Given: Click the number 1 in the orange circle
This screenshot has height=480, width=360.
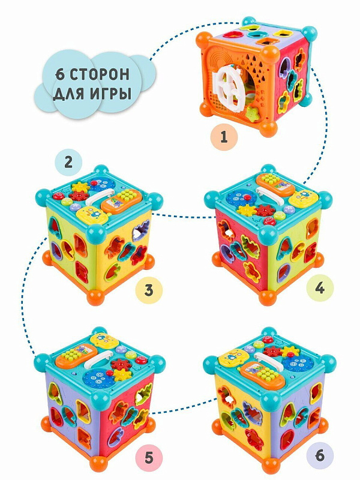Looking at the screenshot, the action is click(x=224, y=137).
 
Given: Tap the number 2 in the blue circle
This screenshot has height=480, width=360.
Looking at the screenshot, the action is click(x=68, y=161).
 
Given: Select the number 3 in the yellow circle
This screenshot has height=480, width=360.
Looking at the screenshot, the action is click(x=149, y=290).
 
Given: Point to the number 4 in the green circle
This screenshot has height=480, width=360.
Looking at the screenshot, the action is click(x=320, y=288).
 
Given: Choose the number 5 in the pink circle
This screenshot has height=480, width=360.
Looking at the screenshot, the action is click(x=149, y=458).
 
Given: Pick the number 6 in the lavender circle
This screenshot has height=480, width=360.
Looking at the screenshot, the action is click(x=320, y=456).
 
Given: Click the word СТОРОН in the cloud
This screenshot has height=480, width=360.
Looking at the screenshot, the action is click(x=100, y=74).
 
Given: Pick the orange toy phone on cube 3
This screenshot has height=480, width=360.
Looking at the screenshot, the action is click(x=122, y=201).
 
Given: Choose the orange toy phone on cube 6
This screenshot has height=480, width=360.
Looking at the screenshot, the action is click(x=262, y=375).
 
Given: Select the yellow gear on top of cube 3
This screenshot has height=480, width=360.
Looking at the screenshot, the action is click(x=80, y=187).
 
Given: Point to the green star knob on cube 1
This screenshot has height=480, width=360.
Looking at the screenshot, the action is click(x=253, y=114).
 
